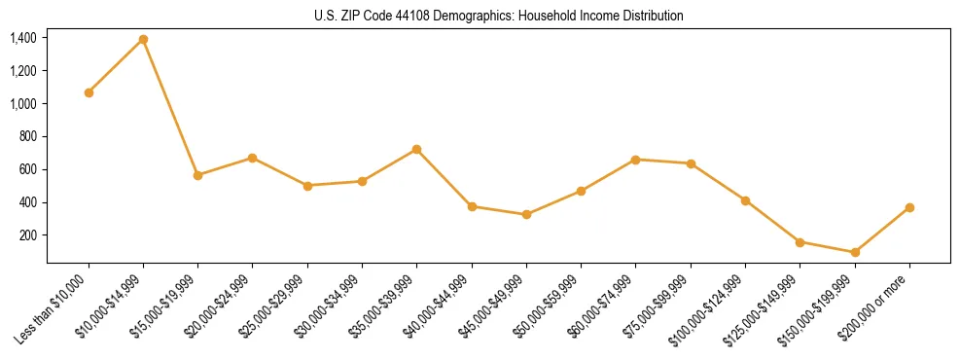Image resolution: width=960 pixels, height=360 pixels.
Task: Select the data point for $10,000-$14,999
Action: tap(143, 39)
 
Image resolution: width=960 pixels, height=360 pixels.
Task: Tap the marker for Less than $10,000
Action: tap(89, 92)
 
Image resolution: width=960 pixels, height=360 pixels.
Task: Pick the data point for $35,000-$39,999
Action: tap(416, 149)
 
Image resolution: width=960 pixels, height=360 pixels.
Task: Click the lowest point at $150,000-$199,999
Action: tap(855, 252)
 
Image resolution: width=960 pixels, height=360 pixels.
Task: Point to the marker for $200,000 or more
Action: tap(909, 207)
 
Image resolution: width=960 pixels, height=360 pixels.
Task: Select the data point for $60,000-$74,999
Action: tap(635, 159)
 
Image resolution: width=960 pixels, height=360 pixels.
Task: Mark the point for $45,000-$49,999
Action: tap(526, 214)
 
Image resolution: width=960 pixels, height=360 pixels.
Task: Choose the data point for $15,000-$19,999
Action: tap(197, 175)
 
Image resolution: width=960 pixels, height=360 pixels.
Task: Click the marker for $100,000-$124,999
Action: tap(745, 200)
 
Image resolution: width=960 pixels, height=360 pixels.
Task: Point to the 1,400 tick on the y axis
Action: tap(23, 38)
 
